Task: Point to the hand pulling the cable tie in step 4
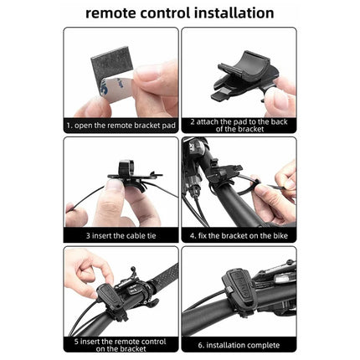coord(272,201)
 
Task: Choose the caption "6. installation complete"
coord(239,343)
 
